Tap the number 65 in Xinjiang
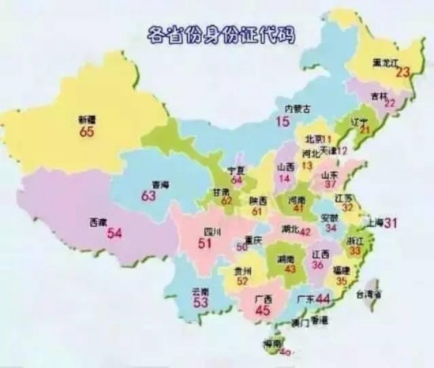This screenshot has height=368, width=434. [x=87, y=132]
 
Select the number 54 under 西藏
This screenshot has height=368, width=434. [x=115, y=233]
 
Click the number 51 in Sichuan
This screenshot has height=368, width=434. [x=205, y=244]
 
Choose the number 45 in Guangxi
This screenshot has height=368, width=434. [x=263, y=310]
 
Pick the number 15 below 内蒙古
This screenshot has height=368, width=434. [x=282, y=121]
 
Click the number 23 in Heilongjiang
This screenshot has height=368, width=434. [x=403, y=72]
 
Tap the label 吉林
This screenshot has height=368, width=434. [x=381, y=95]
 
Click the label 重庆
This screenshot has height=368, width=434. [x=253, y=239]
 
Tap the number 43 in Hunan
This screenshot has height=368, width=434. [x=294, y=269]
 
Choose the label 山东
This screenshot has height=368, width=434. [x=330, y=174]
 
